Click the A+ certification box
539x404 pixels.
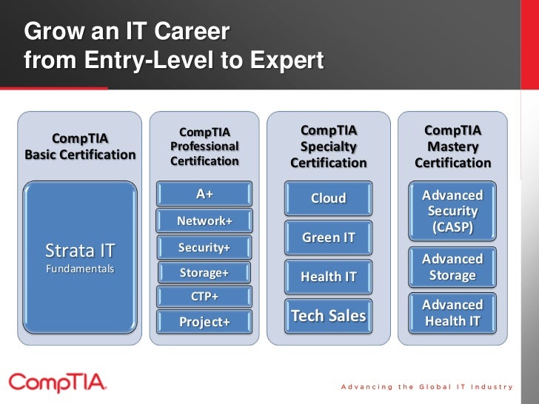click(204, 194)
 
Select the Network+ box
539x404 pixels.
click(204, 220)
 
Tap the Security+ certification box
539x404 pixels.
click(204, 247)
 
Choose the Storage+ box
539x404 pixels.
click(204, 273)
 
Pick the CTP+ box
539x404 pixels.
click(204, 297)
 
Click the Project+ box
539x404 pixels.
click(204, 322)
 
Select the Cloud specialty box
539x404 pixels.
click(328, 198)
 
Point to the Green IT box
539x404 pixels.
click(328, 238)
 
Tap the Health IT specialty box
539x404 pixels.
click(328, 277)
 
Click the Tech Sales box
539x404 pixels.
click(328, 316)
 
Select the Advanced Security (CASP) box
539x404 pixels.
click(452, 211)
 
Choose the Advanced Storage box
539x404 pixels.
click(452, 267)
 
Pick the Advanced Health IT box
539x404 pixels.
click(452, 313)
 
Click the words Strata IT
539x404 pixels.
click(80, 249)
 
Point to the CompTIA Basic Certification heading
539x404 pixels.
click(80, 147)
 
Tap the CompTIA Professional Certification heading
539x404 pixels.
click(204, 147)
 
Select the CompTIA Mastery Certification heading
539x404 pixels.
click(452, 147)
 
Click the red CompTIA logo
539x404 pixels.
click(57, 383)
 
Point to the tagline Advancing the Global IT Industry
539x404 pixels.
click(427, 387)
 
